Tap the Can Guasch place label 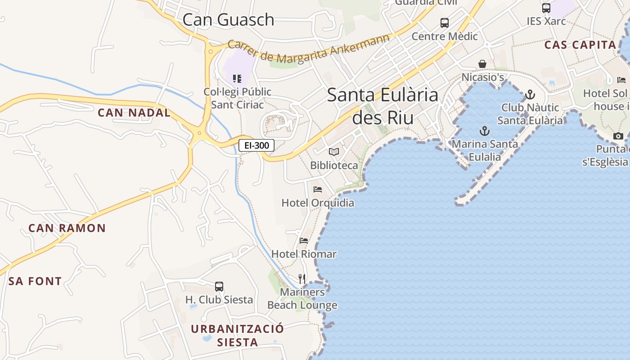228,19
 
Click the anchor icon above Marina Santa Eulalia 485,131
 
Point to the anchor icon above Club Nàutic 530,94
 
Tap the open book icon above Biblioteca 333,152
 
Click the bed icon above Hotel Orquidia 318,189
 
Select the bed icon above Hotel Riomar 304,241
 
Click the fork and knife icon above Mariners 302,279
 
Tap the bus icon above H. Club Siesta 219,286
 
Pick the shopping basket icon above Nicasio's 482,64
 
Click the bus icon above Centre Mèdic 445,22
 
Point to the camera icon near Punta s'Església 618,136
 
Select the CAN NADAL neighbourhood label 134,112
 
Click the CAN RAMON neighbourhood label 67,228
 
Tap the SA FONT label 35,282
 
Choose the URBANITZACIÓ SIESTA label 238,335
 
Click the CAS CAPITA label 580,45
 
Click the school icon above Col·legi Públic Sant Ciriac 237,79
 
